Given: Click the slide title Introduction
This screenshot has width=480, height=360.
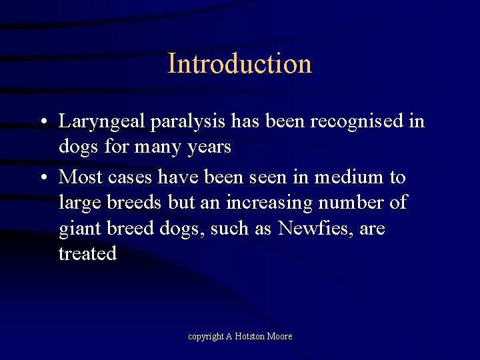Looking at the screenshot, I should (240, 64).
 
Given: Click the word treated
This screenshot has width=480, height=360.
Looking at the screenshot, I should (87, 253).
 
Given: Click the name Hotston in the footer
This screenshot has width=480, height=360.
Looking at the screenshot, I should (247, 337).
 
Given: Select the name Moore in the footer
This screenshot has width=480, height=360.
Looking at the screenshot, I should (280, 337).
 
